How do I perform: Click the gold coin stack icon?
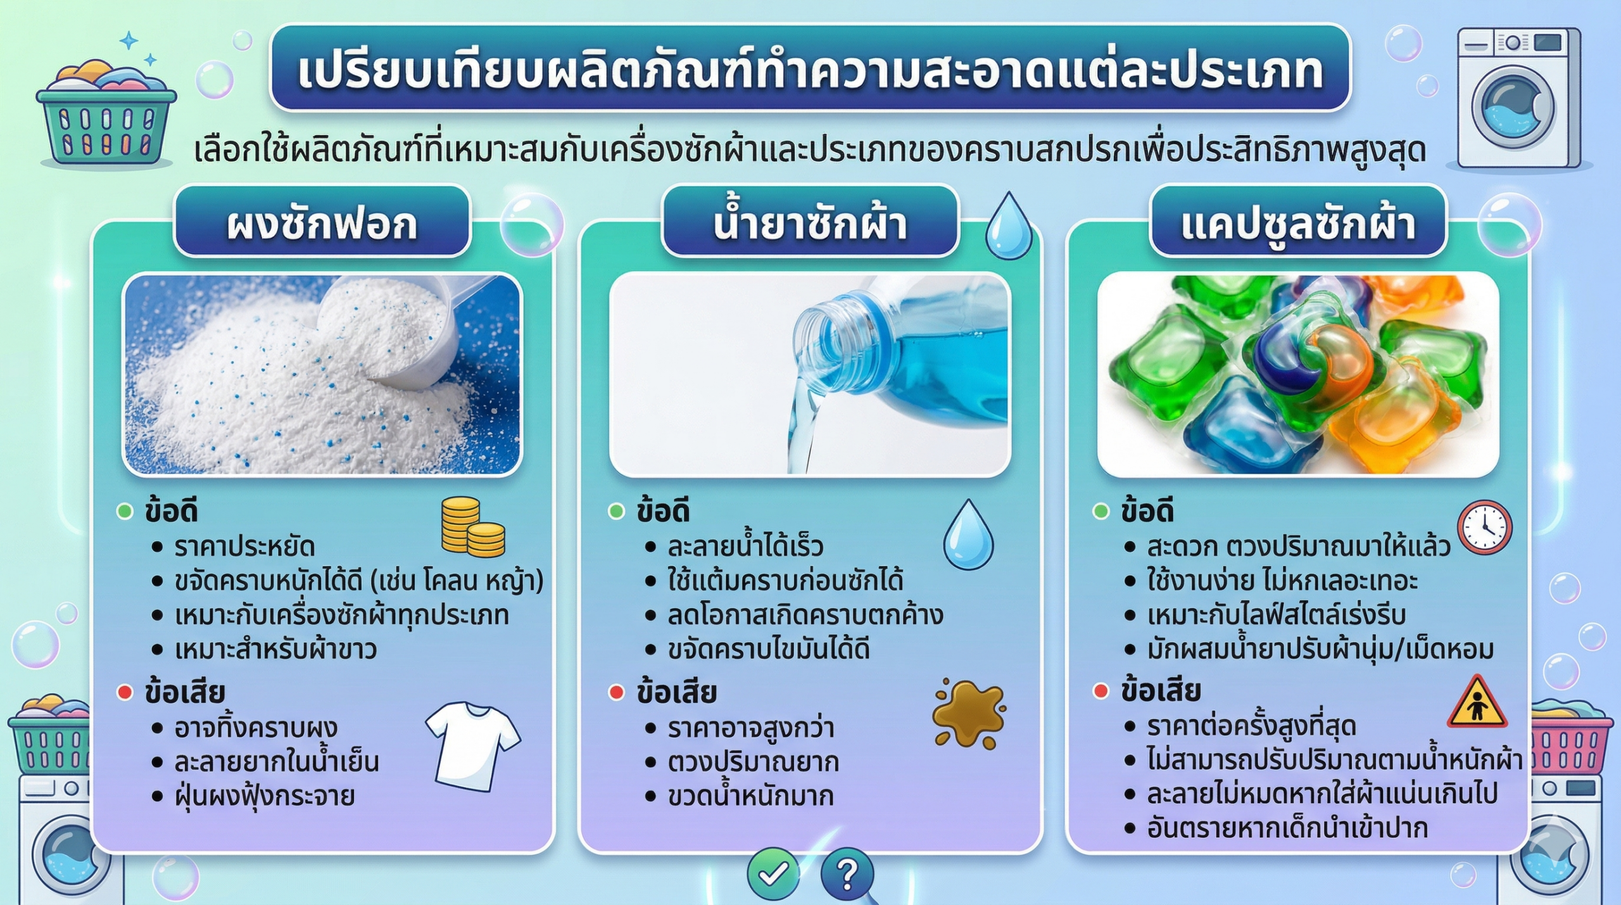[472, 527]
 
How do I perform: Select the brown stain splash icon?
[968, 713]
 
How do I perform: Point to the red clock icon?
[1484, 527]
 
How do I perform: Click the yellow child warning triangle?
[1477, 704]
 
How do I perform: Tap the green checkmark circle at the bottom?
[773, 875]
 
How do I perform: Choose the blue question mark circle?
[847, 875]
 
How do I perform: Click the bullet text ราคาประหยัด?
[244, 547]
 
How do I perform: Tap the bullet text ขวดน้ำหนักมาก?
[750, 796]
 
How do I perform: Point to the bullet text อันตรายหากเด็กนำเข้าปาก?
[1287, 828]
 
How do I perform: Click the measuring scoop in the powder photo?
[405, 336]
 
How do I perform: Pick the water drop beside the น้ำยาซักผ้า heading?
[1008, 227]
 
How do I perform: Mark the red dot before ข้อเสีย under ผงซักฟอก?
[125, 693]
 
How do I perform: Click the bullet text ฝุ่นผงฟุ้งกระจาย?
[264, 796]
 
